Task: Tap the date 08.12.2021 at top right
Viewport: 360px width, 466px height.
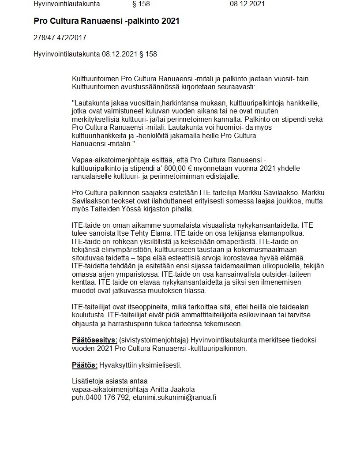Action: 247,4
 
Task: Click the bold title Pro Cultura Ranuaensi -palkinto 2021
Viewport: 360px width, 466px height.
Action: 106,21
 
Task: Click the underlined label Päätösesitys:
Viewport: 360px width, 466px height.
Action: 94,340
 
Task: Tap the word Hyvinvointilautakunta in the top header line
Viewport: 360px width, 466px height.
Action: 67,4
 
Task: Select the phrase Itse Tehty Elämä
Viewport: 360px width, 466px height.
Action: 134,233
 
